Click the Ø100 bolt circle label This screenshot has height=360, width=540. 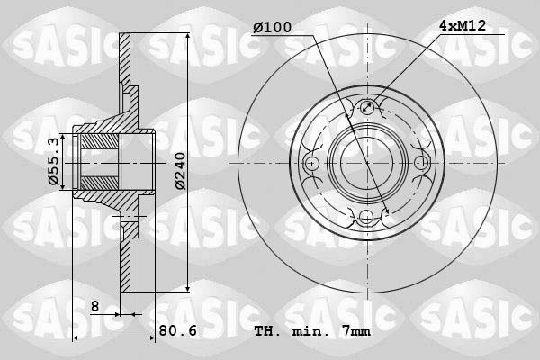272,27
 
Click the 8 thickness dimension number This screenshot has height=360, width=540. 94,307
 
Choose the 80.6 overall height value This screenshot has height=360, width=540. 178,330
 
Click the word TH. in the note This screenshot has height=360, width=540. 266,331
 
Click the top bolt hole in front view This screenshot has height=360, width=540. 366,110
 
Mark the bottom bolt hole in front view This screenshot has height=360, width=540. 366,216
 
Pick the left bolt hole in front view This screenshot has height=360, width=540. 312,163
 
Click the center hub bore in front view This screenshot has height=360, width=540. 366,163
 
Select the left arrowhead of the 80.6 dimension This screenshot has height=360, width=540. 76,337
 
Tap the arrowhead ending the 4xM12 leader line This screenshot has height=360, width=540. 371,104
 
